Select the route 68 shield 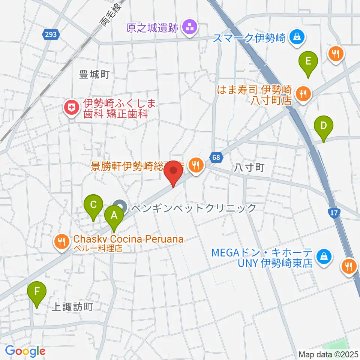pos(216,157)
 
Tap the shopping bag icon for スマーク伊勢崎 pos(297,37)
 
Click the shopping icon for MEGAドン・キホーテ pos(322,257)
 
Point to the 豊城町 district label pos(94,75)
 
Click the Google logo pos(25,351)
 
